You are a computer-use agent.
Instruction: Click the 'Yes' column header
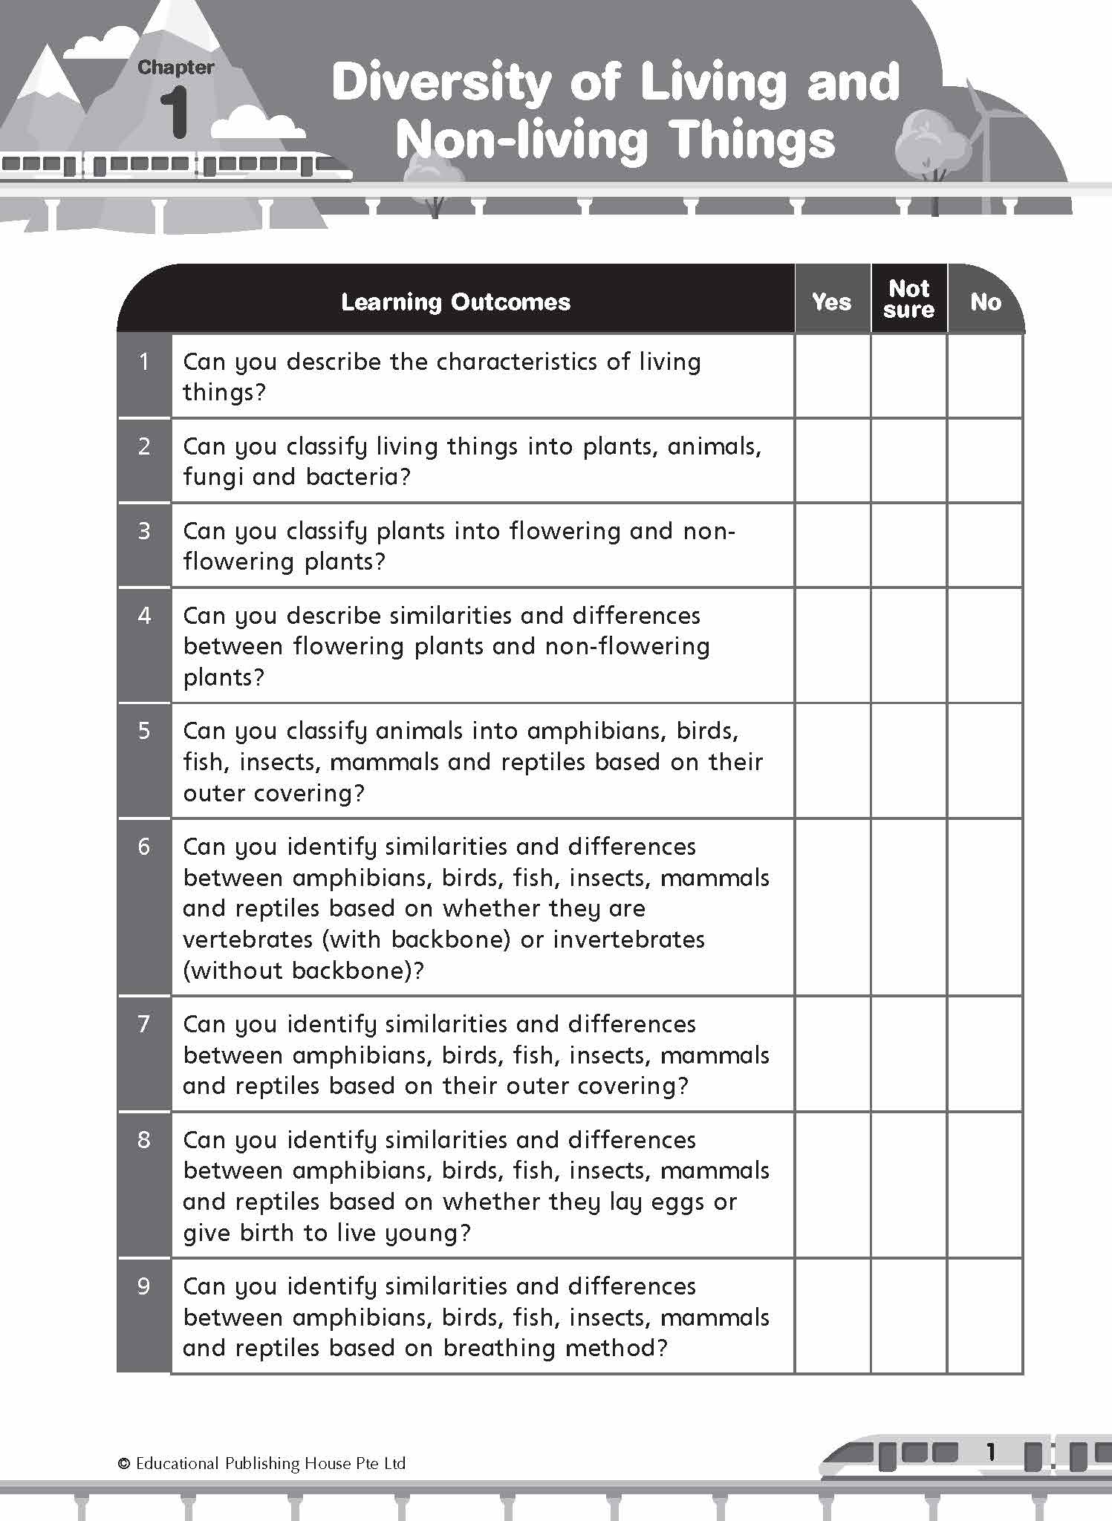831,302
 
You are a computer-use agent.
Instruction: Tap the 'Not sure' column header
908,299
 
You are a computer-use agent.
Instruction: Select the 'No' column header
985,302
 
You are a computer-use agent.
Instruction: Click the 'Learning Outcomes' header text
455,302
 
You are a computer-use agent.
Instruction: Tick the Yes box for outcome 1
832,376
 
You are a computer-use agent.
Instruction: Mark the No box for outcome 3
985,545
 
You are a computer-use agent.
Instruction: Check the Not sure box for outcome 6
908,907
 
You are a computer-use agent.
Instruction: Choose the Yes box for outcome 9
832,1315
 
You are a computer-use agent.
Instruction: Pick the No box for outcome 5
985,760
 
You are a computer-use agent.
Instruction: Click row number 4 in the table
144,616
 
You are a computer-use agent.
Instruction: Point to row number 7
144,1024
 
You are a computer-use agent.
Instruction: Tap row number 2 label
144,446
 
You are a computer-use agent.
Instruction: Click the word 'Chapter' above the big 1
176,68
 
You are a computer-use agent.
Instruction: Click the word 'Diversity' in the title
441,83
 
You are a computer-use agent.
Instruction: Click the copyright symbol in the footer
124,1464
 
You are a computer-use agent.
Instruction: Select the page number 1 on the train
989,1451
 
